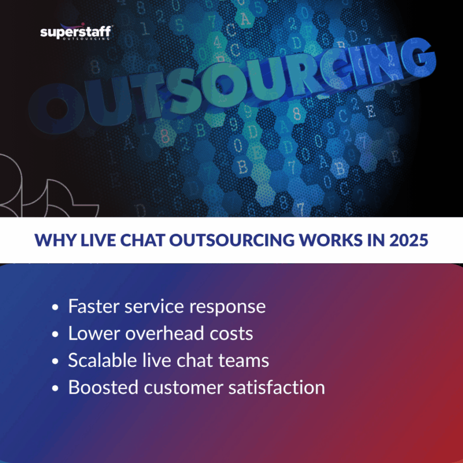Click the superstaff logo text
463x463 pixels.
76,32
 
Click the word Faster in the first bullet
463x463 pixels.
90,306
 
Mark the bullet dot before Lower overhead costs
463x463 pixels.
56,335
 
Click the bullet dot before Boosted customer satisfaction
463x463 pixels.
56,388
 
